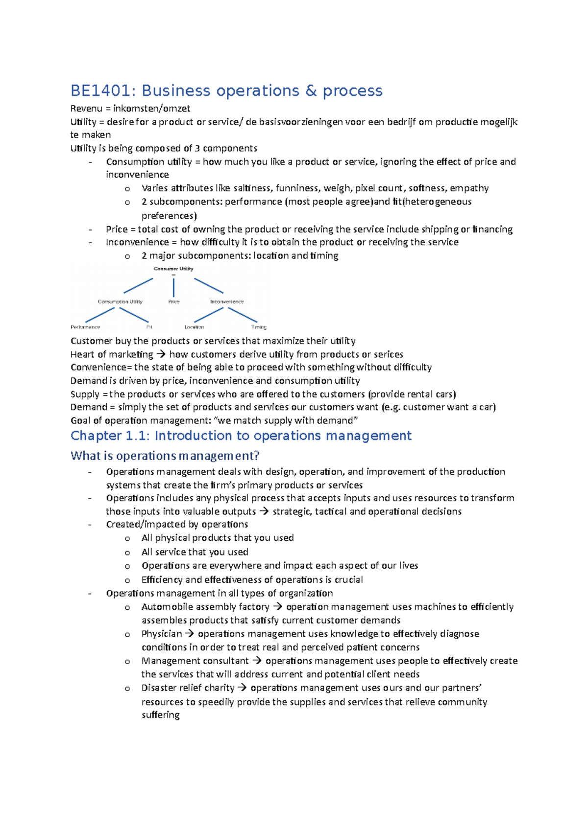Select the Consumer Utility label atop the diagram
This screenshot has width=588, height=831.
(173, 269)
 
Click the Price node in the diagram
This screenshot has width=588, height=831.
(174, 301)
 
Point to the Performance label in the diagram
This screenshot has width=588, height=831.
(85, 327)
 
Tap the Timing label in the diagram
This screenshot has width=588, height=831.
(259, 327)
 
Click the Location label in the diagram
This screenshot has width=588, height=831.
(194, 327)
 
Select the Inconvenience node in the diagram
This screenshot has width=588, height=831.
(227, 301)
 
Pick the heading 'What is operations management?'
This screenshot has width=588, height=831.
(165, 456)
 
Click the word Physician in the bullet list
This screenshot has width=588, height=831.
(161, 634)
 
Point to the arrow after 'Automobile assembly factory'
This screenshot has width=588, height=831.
(277, 607)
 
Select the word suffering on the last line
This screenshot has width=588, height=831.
(160, 715)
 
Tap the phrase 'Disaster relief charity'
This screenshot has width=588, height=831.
(188, 688)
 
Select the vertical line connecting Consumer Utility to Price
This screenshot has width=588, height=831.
(173, 287)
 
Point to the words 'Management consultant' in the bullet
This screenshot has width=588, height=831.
(195, 661)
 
